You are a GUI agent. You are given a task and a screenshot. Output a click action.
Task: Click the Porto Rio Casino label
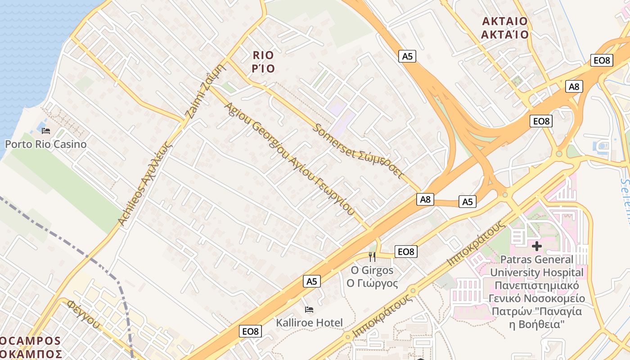[45, 144]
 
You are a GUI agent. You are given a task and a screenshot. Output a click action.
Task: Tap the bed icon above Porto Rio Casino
[45, 131]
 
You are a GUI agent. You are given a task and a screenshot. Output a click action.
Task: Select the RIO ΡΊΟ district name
[263, 62]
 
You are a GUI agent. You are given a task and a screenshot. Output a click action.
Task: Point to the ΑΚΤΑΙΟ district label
[504, 27]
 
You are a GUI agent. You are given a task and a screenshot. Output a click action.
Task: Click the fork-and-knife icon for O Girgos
[372, 257]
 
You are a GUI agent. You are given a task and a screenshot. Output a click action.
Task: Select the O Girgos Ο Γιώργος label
[372, 277]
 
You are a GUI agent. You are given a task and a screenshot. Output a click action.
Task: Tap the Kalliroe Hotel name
[309, 323]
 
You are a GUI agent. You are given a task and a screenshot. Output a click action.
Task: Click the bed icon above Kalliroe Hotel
[309, 310]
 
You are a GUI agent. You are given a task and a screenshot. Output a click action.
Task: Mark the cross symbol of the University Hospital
[536, 246]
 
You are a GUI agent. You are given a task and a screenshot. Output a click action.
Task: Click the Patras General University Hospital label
[536, 292]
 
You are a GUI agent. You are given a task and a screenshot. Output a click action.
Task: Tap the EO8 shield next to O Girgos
[406, 252]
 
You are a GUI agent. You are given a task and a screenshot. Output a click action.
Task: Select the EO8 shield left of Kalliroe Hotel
[250, 331]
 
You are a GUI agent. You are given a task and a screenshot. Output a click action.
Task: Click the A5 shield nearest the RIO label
[407, 56]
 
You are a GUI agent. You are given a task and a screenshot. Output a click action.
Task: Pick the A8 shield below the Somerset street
[425, 199]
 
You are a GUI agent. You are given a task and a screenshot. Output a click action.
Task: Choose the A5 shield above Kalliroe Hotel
[312, 281]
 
